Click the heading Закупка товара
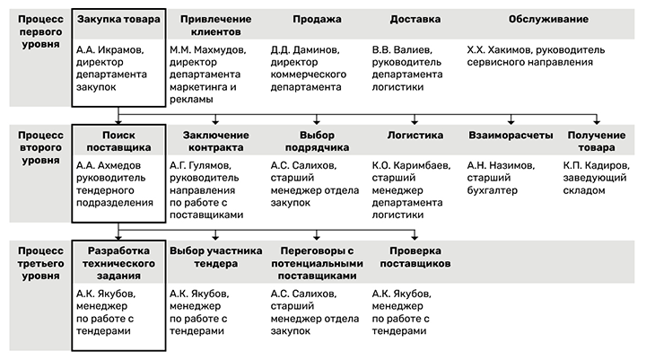pyautogui.click(x=118, y=19)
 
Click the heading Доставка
pyautogui.click(x=415, y=19)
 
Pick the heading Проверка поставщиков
pyautogui.click(x=415, y=258)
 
